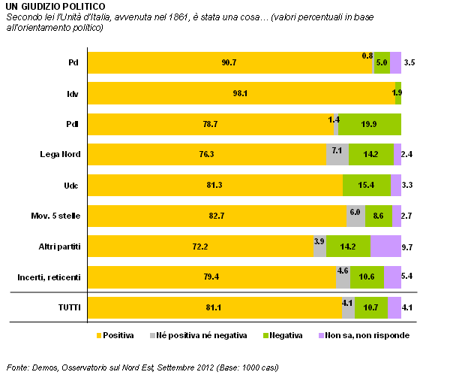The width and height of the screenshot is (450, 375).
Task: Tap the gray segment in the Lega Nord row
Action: click(337, 155)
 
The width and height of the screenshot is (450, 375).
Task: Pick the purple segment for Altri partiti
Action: click(385, 246)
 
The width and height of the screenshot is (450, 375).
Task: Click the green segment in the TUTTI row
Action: click(370, 307)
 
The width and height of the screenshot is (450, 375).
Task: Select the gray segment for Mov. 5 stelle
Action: click(355, 216)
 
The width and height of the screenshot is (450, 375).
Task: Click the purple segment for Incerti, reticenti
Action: click(392, 277)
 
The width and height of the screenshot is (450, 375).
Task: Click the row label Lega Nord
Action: click(60, 154)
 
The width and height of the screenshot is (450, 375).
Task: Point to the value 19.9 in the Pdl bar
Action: click(368, 124)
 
